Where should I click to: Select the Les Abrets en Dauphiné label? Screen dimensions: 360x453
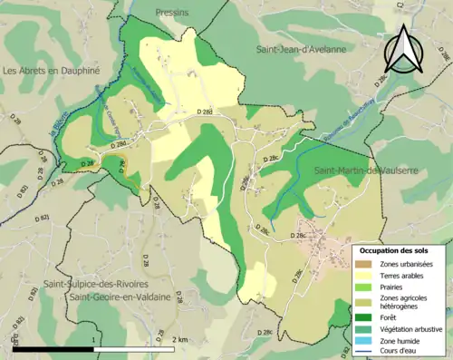(50, 71)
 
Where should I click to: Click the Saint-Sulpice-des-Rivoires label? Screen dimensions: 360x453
(96, 284)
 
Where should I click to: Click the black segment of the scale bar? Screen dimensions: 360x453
(54, 349)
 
